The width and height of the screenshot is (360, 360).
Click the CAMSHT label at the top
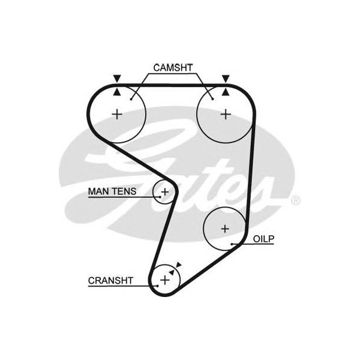(x=173, y=67)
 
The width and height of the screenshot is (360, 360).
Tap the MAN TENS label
(x=112, y=192)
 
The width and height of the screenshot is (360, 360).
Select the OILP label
(x=263, y=239)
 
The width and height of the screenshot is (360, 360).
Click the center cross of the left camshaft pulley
(x=118, y=114)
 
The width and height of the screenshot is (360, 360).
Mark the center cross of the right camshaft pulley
(x=225, y=114)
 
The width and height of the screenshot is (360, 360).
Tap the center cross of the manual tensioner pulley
(x=165, y=192)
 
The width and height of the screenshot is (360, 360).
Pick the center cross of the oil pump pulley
(x=225, y=229)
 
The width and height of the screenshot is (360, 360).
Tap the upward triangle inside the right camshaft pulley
(x=225, y=92)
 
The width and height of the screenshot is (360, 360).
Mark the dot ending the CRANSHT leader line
(x=157, y=286)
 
